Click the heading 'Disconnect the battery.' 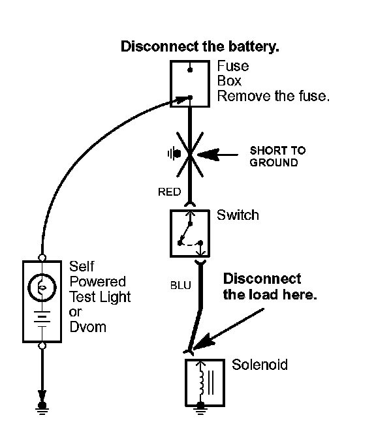[200, 47]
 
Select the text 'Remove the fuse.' [274, 96]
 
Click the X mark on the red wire [190, 155]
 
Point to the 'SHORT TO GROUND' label [277, 157]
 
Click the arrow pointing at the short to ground [217, 155]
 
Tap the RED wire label [170, 192]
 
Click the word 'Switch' [238, 215]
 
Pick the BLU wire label [181, 286]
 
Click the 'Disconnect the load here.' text [270, 286]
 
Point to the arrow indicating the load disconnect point [228, 329]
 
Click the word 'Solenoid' [260, 365]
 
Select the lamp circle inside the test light [42, 288]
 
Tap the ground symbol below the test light [42, 408]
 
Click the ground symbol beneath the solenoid [200, 409]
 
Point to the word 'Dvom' [88, 327]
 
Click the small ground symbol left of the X [174, 154]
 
